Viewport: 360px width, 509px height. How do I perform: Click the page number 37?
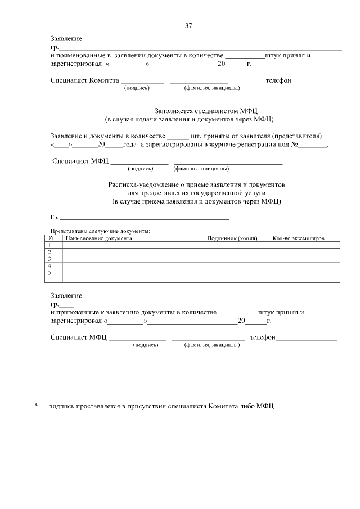[x=188, y=26]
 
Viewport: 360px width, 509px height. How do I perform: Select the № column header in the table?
[x=51, y=238]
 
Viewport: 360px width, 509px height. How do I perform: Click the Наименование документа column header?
[x=98, y=238]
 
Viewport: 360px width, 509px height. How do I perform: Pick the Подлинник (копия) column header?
[x=232, y=238]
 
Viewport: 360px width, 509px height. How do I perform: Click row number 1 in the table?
[x=49, y=245]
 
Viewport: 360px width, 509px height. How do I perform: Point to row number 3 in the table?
[x=49, y=259]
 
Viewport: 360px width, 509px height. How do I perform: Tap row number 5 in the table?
[x=49, y=272]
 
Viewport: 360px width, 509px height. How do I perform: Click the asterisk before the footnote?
[x=36, y=406]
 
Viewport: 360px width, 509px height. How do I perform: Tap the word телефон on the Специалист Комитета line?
[x=278, y=80]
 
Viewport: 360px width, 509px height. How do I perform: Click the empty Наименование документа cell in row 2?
[x=133, y=252]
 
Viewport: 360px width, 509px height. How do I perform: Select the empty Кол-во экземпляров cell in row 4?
[x=305, y=265]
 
